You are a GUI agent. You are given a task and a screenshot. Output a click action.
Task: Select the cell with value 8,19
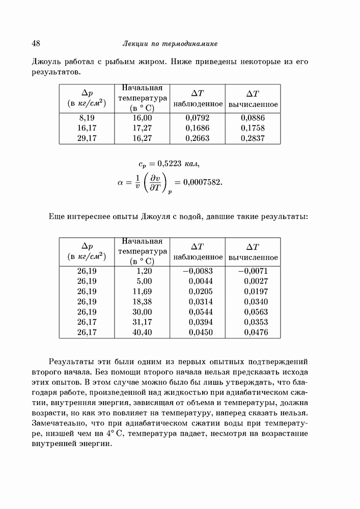(87, 118)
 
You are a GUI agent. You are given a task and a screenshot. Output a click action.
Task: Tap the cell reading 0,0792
(199, 118)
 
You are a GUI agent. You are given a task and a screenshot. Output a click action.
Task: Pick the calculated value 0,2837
(253, 138)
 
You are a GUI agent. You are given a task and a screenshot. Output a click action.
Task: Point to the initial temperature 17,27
(142, 128)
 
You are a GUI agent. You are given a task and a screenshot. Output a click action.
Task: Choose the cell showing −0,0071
(253, 271)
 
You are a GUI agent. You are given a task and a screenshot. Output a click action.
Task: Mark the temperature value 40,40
(142, 333)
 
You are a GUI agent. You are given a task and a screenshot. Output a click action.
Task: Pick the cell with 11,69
(142, 292)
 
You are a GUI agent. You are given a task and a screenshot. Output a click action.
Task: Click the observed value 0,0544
(199, 313)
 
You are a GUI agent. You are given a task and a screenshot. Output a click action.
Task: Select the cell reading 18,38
(142, 302)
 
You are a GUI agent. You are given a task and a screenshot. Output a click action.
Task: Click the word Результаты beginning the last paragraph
(72, 362)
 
